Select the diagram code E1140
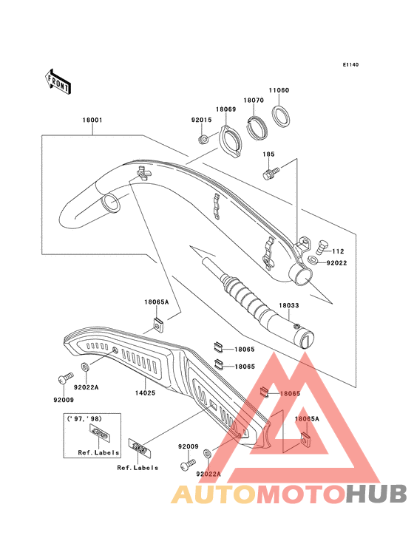[x=350, y=65]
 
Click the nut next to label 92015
[x=203, y=139]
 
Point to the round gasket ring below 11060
[x=281, y=115]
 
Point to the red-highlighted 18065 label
[x=289, y=394]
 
